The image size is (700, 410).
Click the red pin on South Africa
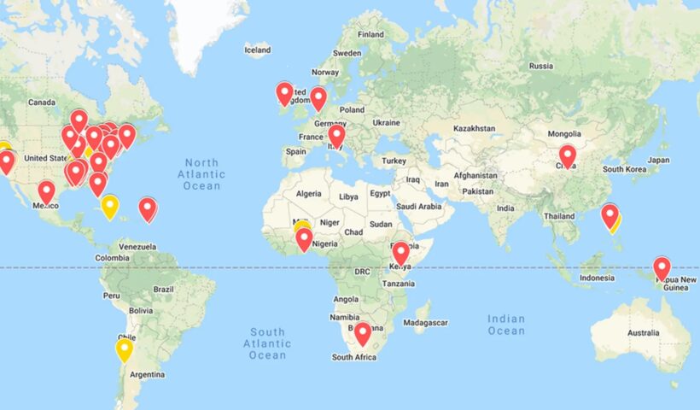[363, 332]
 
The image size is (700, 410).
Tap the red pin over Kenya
[400, 252]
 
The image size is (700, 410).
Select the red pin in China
[568, 155]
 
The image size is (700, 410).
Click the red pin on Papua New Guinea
[662, 267]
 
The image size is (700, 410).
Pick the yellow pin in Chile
[125, 349]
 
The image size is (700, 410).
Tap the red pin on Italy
[337, 135]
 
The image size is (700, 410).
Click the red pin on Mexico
[46, 191]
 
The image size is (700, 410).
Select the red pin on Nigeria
[305, 238]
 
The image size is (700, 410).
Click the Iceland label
[258, 50]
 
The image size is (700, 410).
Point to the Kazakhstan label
[475, 128]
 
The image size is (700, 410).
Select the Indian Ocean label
[506, 325]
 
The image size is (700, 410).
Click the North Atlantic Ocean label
[201, 174]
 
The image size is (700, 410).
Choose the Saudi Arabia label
[418, 206]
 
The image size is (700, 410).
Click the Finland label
[370, 34]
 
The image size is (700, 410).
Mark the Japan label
[657, 160]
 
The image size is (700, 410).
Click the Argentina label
[147, 374]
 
